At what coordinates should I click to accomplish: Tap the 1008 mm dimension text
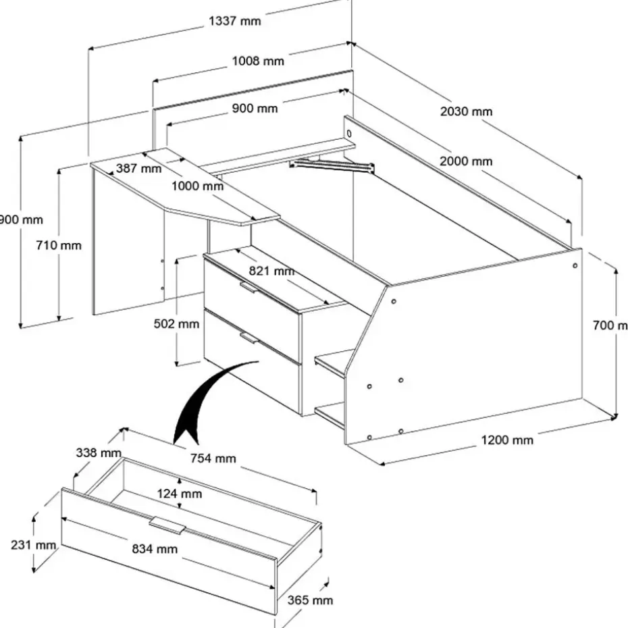[258, 61]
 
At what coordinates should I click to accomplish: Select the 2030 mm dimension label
[466, 111]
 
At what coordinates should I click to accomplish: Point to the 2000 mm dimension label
[467, 161]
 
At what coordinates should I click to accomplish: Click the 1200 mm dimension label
[506, 441]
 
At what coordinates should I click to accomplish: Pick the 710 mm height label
[59, 245]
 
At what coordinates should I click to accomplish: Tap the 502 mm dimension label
[177, 324]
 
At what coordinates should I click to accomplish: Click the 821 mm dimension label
[272, 271]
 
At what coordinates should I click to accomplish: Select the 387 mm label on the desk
[138, 168]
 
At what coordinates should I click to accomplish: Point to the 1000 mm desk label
[197, 186]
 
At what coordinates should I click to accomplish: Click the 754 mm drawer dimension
[213, 459]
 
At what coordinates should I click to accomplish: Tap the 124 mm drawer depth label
[179, 494]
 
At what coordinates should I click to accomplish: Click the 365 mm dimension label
[310, 600]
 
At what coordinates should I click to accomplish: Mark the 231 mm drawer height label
[32, 545]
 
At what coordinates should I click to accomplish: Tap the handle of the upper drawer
[248, 288]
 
